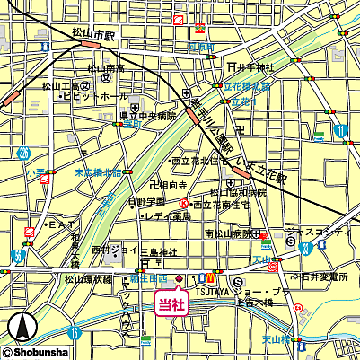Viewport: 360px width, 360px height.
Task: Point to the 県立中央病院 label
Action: [x=150, y=116]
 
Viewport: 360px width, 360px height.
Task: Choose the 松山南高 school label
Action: [x=106, y=68]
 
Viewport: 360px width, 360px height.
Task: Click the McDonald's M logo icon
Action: [x=208, y=276]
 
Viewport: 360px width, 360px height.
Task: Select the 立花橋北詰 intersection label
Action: [x=247, y=87]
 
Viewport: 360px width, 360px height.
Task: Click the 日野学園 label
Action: [x=146, y=201]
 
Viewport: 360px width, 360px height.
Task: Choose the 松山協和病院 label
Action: [x=238, y=191]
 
